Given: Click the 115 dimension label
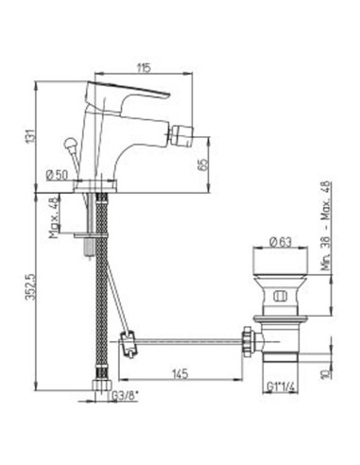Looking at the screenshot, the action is pos(145,68).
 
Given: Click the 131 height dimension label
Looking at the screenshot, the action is pos(29,137).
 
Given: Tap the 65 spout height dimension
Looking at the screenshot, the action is pos(204,164).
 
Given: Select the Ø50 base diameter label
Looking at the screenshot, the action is pos(57,175).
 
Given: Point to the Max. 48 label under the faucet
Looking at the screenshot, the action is pos(54,217).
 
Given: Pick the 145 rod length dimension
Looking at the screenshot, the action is pos(180,374).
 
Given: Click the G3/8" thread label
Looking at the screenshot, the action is pos(125,396).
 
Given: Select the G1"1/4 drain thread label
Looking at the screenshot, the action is pos(281,387).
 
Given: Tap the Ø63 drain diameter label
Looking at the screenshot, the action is pos(281,242).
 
